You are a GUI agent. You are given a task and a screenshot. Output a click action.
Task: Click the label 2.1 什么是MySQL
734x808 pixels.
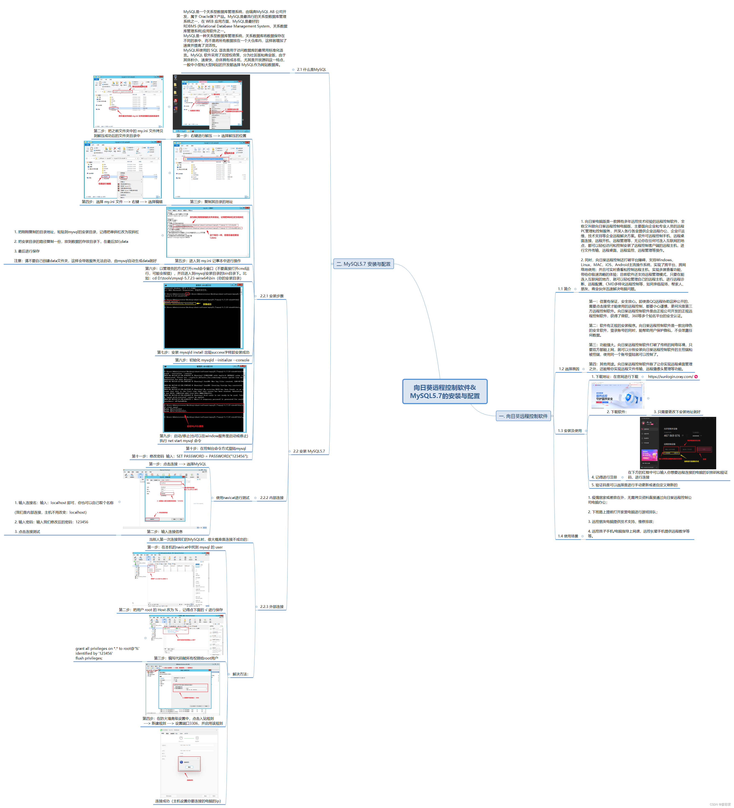[x=311, y=70]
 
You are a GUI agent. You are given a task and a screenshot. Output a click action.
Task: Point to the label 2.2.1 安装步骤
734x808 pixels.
[x=272, y=296]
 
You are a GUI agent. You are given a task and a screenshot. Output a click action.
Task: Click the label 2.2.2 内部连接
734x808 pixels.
[x=272, y=498]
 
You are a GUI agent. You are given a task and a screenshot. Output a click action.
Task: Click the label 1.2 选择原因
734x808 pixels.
[x=569, y=369]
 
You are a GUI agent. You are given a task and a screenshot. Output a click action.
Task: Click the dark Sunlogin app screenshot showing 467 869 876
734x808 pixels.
[x=677, y=443]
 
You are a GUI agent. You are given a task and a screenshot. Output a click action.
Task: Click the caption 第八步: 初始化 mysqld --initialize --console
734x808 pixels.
[x=212, y=360]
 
